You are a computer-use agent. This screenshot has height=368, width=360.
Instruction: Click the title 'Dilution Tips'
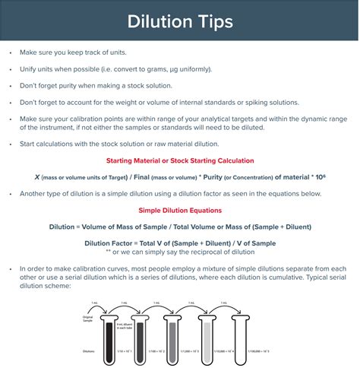180,20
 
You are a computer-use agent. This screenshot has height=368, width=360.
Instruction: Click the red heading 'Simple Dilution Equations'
180,211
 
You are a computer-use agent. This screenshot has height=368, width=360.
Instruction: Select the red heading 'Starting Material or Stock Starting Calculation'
180,161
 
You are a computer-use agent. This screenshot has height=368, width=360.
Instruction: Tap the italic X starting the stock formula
37,176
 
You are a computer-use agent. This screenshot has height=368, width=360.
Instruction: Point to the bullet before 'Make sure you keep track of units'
9,52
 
